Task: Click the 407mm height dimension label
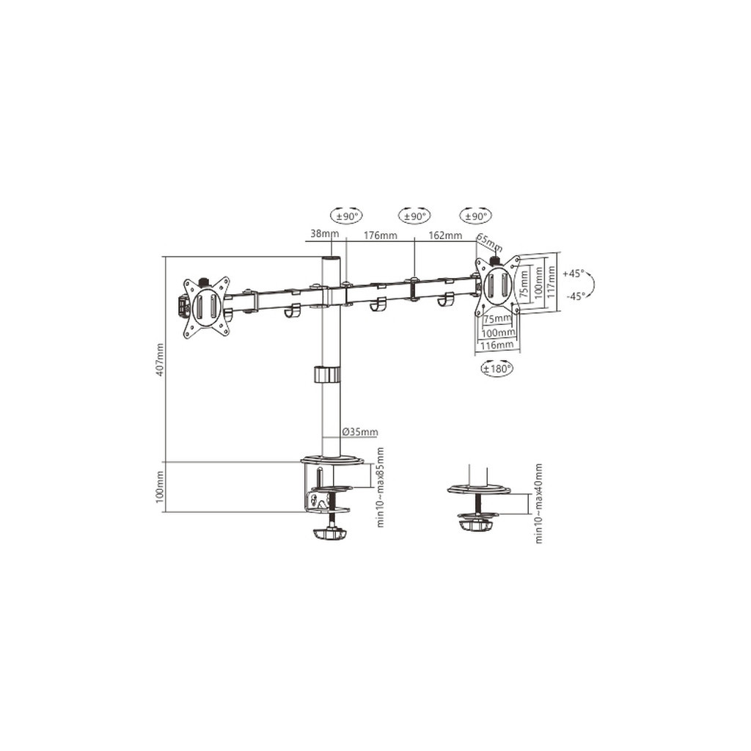160,359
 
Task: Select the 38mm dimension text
324,235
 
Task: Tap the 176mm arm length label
380,235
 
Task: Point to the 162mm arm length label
444,235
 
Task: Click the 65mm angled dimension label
489,242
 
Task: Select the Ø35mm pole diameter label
359,432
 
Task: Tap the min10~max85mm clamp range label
380,487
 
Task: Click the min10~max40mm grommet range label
539,503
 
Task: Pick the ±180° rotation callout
497,369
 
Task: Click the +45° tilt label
574,274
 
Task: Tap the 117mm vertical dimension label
551,282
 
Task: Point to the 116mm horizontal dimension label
497,344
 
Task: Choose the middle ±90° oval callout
414,216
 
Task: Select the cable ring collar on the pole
328,375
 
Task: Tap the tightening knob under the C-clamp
329,534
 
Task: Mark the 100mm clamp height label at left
160,487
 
